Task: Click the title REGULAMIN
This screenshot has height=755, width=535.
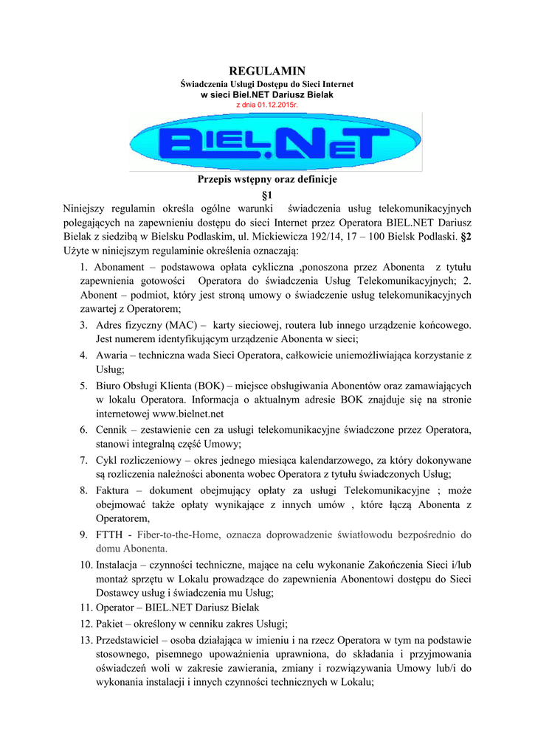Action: [267, 71]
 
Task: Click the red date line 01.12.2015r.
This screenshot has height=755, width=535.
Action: [266, 105]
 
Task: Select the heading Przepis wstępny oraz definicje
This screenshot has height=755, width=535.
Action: [267, 180]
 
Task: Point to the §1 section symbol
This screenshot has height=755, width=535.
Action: [267, 195]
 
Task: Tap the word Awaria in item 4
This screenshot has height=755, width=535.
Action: [112, 355]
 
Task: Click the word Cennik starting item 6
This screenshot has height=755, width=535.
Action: [113, 429]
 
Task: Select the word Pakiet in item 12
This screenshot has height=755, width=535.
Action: [111, 623]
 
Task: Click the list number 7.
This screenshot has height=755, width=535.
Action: [84, 459]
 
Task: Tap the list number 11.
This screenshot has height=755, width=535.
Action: [86, 608]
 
